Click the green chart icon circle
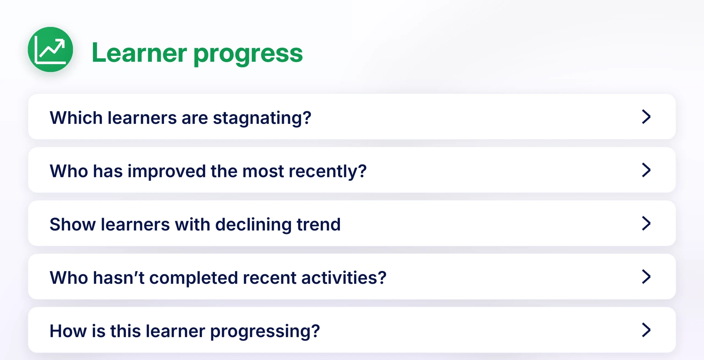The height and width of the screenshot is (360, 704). (50, 49)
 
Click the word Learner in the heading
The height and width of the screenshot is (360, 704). (139, 53)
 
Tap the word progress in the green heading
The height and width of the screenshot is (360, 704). (248, 54)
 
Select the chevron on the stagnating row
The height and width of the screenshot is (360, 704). (646, 117)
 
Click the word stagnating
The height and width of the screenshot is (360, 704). (262, 118)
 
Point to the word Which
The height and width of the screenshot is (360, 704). (76, 118)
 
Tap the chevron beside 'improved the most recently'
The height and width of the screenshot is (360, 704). (646, 170)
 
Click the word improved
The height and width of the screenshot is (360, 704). (167, 172)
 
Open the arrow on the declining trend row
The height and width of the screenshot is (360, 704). (646, 223)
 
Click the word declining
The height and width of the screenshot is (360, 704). (253, 225)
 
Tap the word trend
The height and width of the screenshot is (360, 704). (319, 224)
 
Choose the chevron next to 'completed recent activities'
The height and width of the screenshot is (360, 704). (646, 277)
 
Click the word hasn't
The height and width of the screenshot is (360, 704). (119, 278)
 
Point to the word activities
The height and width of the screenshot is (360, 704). (344, 278)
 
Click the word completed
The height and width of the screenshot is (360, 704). (194, 278)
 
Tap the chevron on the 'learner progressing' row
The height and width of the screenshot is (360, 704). (646, 330)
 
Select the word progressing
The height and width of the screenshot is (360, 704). (265, 332)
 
